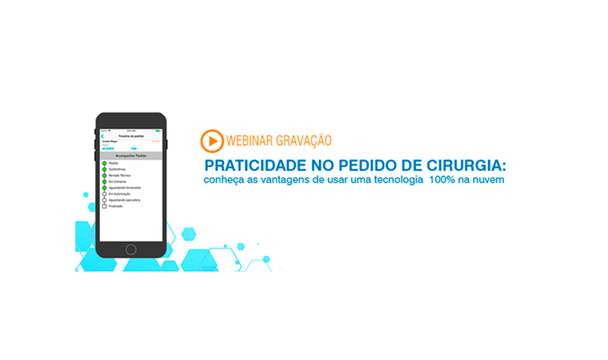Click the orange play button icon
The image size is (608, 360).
(x=212, y=141)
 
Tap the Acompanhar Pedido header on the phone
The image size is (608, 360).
(x=131, y=155)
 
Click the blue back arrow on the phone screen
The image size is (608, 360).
(x=102, y=136)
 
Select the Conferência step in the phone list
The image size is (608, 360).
(x=118, y=169)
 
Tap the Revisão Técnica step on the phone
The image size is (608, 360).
(x=120, y=175)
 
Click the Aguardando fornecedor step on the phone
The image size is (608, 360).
(x=124, y=188)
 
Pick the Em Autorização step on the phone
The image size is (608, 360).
(x=119, y=194)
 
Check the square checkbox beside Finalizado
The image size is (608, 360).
(x=104, y=206)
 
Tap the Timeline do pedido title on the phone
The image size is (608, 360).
(x=131, y=136)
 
